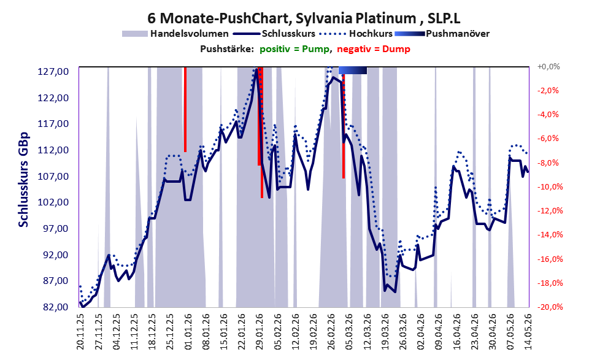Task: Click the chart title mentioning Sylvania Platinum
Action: [304, 18]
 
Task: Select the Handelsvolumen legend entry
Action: [175, 34]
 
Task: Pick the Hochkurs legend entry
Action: [356, 34]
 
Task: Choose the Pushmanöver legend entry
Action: [442, 34]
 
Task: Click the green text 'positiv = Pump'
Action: [294, 49]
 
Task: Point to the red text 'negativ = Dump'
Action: [374, 49]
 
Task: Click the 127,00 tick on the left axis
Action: [53, 72]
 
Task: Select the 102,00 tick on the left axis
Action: [53, 202]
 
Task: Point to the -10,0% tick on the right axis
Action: [548, 187]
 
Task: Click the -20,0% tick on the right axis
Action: [548, 307]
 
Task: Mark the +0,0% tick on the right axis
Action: [548, 67]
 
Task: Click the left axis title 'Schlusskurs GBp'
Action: [24, 180]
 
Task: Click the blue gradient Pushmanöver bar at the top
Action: [353, 70]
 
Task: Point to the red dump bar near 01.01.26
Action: [185, 109]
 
